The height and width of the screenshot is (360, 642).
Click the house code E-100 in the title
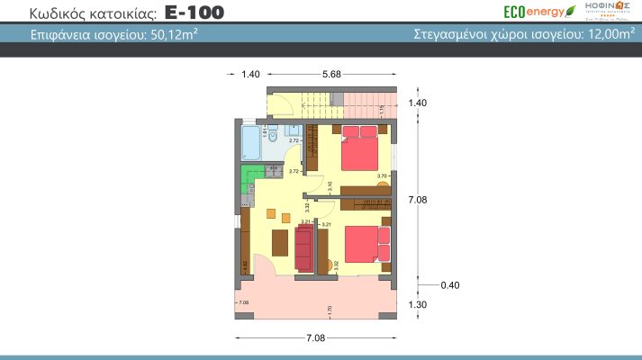click(194, 13)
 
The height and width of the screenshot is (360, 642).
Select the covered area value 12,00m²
click(603, 35)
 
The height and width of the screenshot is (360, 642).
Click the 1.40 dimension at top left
click(250, 75)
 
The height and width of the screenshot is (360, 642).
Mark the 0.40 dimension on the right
click(450, 285)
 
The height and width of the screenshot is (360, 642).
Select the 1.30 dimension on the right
click(417, 305)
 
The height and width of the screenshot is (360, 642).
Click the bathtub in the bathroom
click(250, 141)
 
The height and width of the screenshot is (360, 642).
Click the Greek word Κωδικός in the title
click(62, 13)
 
